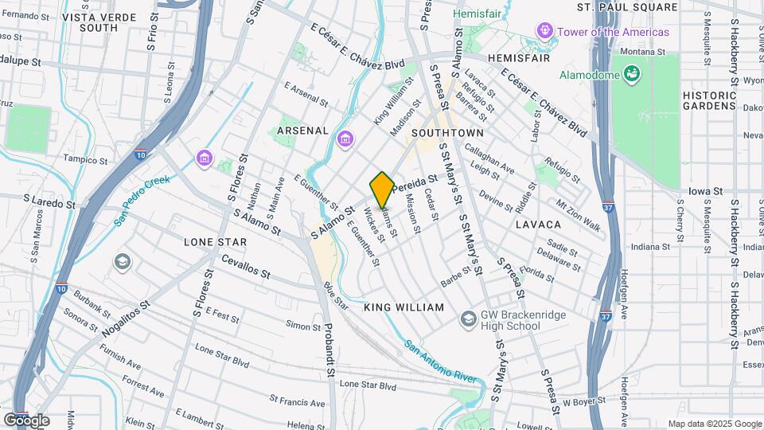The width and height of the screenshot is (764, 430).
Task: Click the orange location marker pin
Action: [382, 190]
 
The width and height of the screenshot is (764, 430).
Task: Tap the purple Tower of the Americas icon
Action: [545, 32]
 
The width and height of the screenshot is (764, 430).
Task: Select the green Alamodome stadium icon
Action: [633, 74]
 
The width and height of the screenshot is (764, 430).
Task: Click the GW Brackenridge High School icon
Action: [468, 320]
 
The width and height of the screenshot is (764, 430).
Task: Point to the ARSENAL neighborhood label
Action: [302, 130]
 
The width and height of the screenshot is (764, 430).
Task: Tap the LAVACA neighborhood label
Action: [538, 225]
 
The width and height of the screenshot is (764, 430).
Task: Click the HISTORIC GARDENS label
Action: [708, 100]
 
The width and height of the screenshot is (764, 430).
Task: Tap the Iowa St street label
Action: [705, 192]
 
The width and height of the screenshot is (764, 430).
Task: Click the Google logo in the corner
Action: [26, 420]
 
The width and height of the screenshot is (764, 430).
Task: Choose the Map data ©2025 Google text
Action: [714, 424]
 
